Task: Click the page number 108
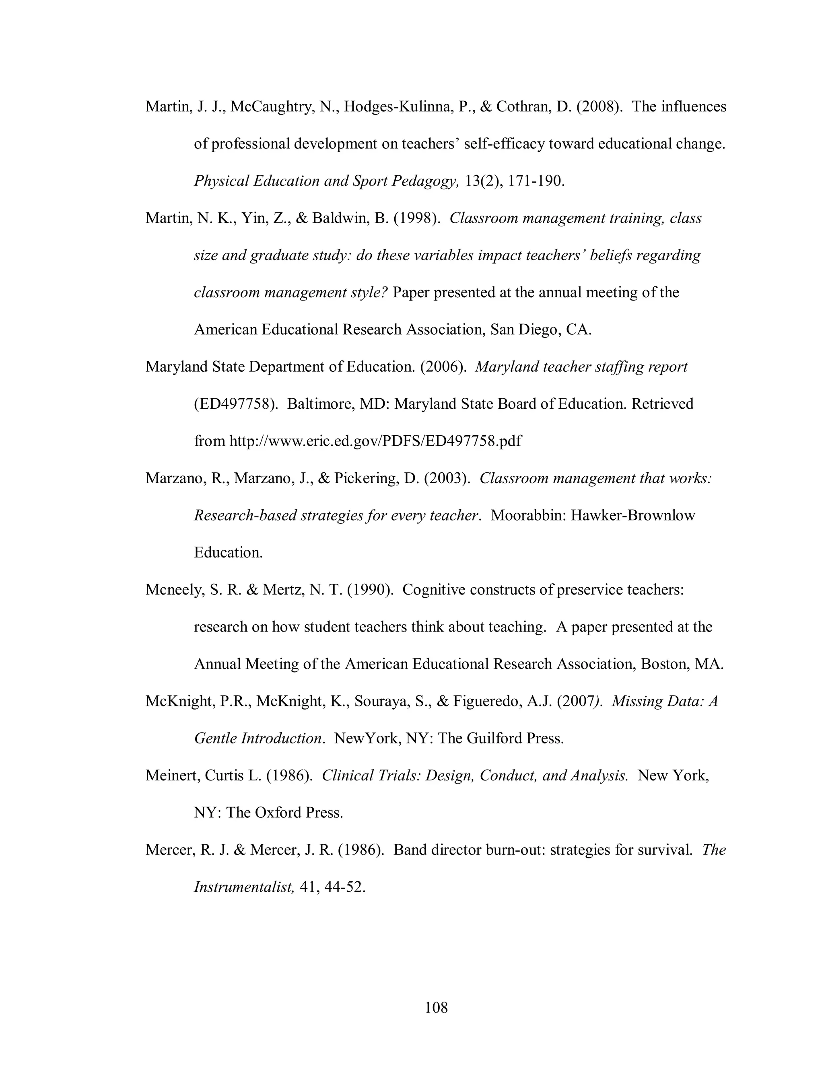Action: [x=436, y=1007]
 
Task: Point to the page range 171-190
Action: [x=536, y=181]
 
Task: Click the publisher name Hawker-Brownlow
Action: [x=632, y=515]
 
